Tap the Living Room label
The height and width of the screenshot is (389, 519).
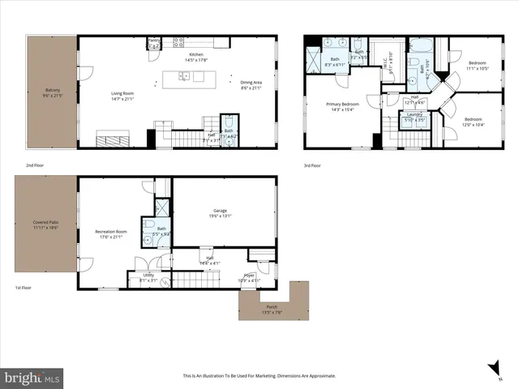[x=123, y=93]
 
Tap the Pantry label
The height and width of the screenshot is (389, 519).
[x=153, y=40]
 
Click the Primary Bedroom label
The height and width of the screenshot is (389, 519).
[x=343, y=105]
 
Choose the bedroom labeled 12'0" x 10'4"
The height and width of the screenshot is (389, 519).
[x=473, y=121]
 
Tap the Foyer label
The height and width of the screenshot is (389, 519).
[x=249, y=277]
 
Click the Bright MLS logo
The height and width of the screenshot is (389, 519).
[x=32, y=378]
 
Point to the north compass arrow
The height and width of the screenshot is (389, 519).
[x=493, y=369]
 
